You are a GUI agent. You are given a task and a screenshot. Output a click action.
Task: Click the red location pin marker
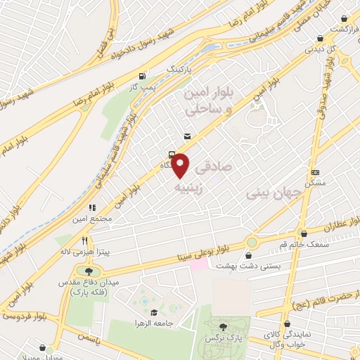tap(181, 165)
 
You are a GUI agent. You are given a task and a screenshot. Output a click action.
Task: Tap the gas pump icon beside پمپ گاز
tap(143, 76)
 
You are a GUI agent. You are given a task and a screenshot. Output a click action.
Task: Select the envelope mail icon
tap(186, 136)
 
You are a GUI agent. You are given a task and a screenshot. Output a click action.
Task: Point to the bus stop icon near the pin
tap(172, 154)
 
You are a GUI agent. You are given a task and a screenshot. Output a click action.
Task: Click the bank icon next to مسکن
tap(316, 173)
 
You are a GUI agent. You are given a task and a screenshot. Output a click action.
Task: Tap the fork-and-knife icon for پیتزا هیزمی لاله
tap(85, 240)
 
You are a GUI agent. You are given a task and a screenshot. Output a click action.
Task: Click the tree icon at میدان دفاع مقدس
tap(89, 271)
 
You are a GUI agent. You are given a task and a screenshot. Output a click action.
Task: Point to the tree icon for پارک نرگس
tap(224, 326)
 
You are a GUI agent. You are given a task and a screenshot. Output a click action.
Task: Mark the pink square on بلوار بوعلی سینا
tap(200, 266)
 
